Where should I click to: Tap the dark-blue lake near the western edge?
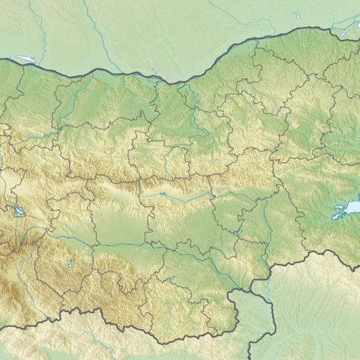click(17, 212)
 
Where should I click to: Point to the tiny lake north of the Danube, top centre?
click(155, 70)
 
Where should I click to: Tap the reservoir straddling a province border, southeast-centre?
click(238, 233)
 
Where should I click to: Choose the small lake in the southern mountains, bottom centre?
click(172, 278)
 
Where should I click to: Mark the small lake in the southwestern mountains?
click(69, 265)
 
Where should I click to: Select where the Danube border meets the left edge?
click(1, 59)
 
